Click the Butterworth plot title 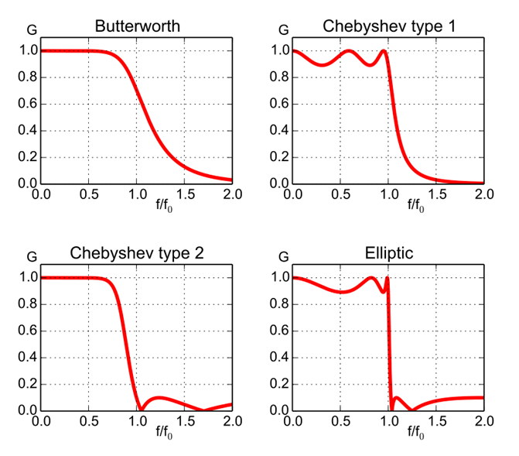click(137, 26)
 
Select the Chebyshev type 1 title click(389, 26)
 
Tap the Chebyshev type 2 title click(137, 253)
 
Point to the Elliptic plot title click(389, 253)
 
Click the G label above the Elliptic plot click(283, 256)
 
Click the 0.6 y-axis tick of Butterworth click(26, 105)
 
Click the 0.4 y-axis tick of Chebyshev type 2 click(26, 358)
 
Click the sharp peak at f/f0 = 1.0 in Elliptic click(387, 279)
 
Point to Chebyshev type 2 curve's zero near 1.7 click(203, 410)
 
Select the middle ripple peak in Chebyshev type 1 click(349, 51)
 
